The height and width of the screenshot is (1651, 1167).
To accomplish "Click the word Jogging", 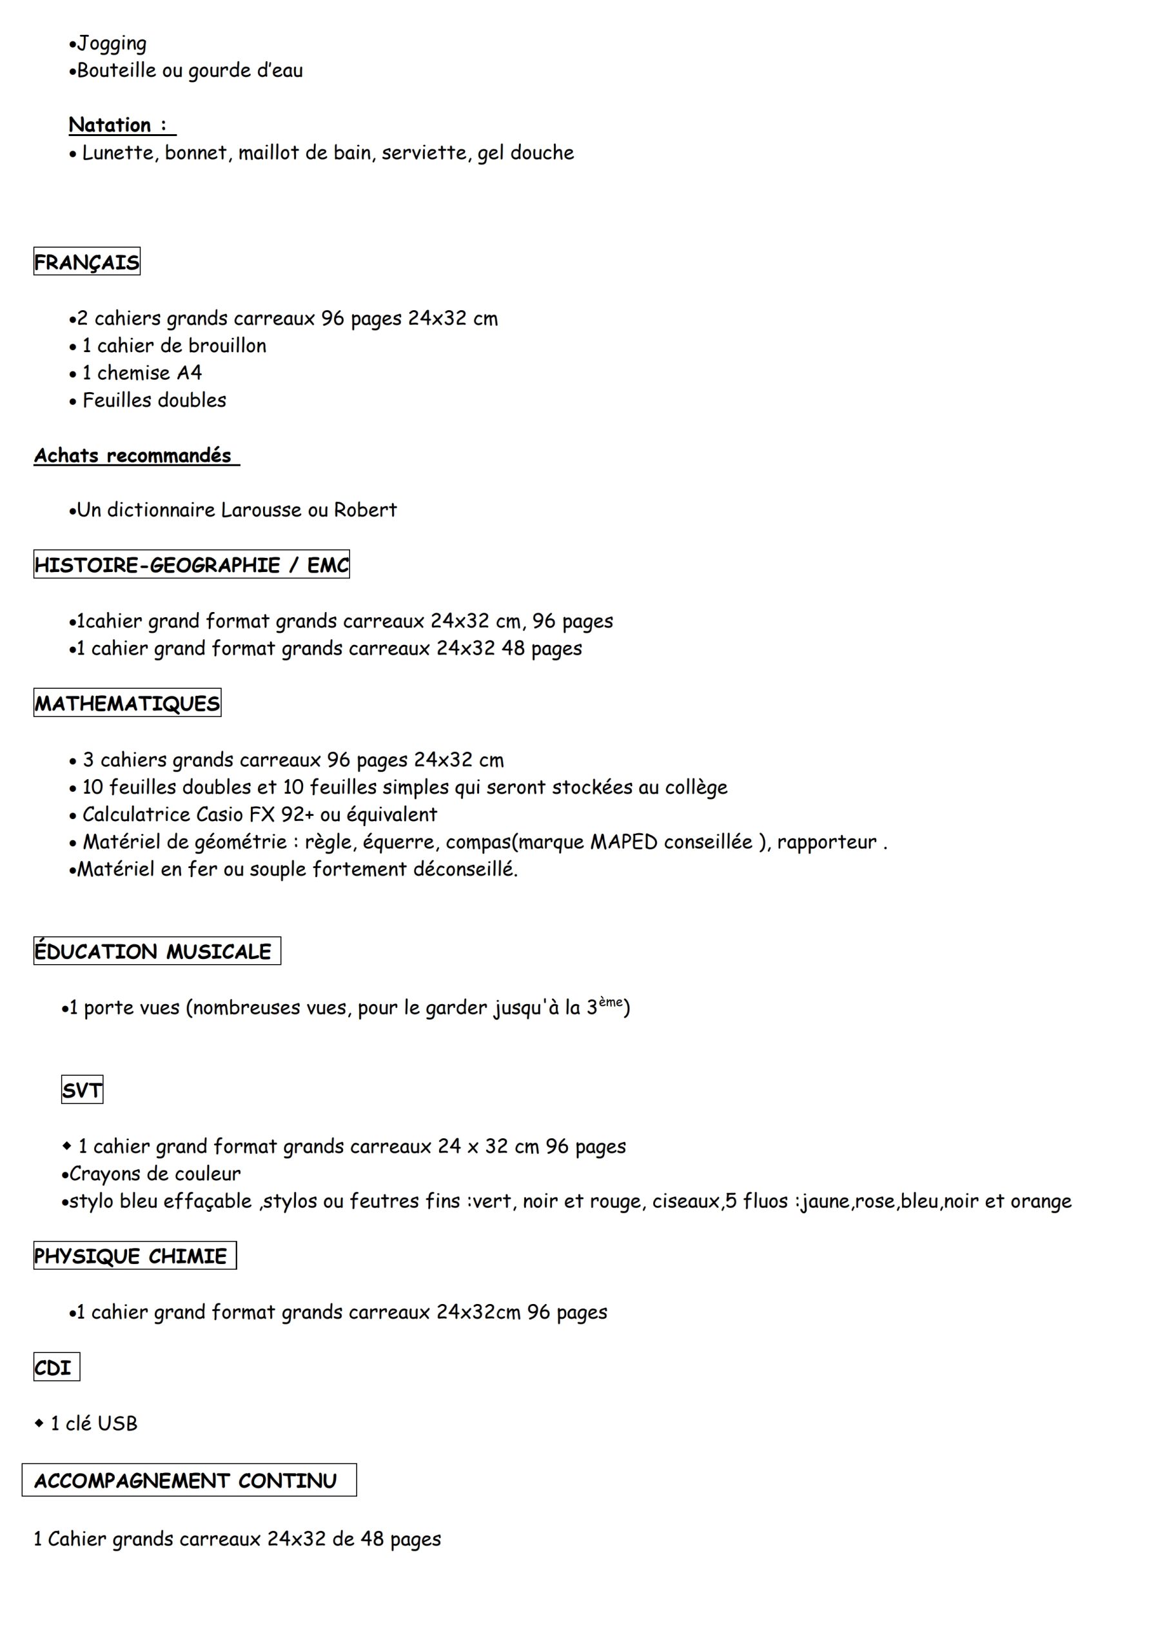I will click(112, 44).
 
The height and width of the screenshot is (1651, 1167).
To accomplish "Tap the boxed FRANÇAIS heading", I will click(87, 262).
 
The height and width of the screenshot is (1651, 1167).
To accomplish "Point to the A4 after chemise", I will click(189, 373).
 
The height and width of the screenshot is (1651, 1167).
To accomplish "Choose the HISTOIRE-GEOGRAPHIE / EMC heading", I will click(191, 565).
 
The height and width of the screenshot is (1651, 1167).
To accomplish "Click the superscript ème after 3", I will click(611, 1002).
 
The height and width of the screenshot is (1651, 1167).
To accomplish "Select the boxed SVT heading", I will click(82, 1091).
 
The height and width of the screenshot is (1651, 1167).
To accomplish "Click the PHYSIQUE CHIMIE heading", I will click(131, 1256).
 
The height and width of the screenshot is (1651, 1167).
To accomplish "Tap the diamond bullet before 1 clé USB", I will click(39, 1423).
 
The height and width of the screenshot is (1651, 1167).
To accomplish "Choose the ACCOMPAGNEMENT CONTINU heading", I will click(186, 1481).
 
